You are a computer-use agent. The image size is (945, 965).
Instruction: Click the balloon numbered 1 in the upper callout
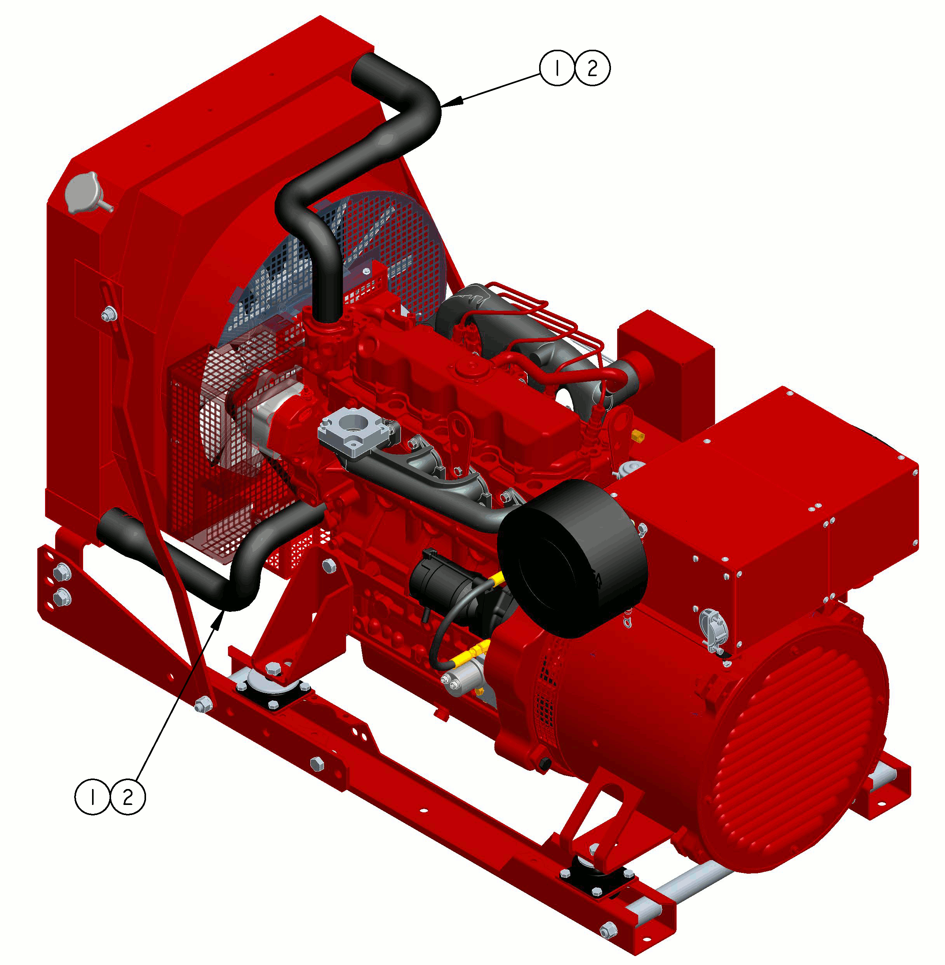tap(557, 68)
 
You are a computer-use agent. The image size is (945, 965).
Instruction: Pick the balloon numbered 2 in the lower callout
tap(127, 797)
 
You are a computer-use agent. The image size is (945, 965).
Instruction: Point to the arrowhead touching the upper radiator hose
tap(452, 102)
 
